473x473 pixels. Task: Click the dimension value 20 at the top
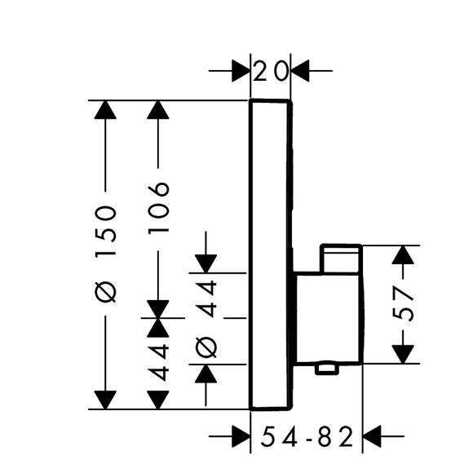270,71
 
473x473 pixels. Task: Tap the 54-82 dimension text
307,436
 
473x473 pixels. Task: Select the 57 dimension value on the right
402,303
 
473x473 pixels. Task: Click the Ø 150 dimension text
105,254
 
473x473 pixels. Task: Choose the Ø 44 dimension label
206,319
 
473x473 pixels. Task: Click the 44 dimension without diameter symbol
158,363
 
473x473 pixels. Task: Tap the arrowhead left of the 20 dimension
241,71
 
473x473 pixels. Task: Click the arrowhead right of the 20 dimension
300,71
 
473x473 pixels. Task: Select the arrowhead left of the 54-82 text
241,436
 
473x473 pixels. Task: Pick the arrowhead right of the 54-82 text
372,436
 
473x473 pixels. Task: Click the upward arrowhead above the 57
403,255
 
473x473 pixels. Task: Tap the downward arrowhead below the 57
403,354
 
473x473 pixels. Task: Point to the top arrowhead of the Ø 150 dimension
105,110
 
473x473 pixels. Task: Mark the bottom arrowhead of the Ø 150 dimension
105,400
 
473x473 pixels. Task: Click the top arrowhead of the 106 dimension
157,110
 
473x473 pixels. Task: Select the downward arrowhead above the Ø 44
206,264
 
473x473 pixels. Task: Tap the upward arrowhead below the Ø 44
206,374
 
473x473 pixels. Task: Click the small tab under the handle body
326,369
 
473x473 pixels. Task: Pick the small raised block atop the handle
341,259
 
